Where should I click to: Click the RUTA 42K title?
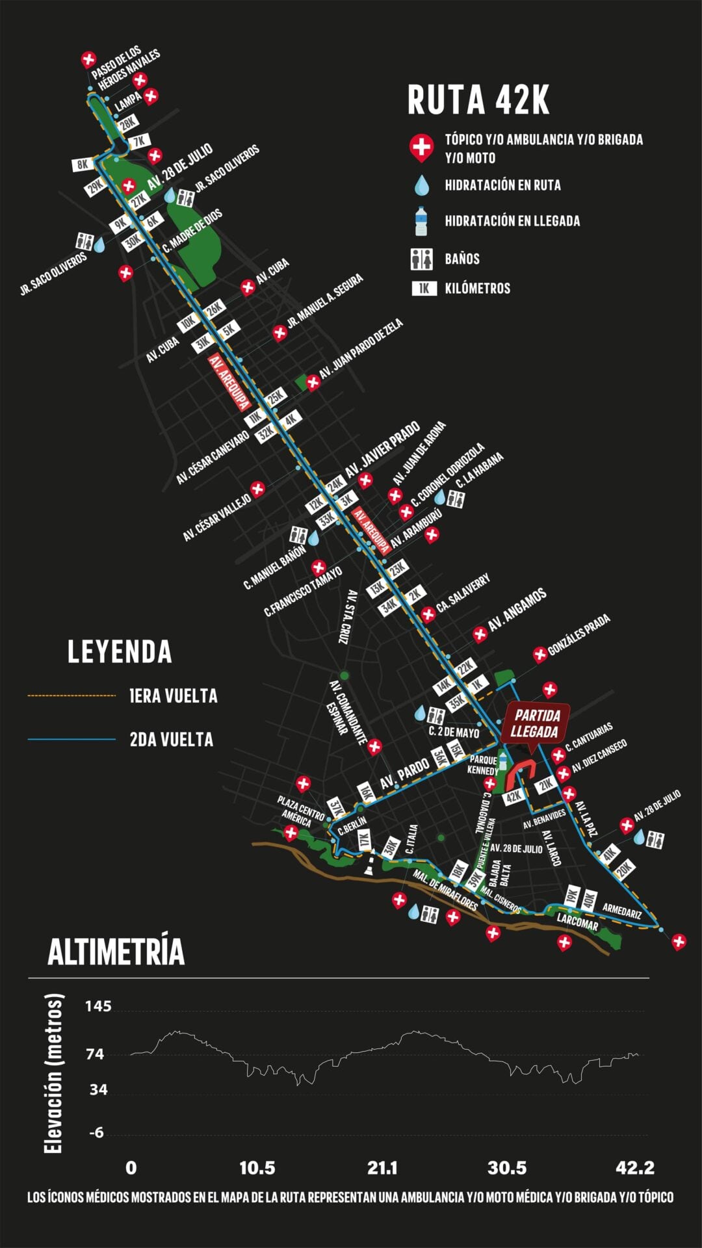tap(478, 100)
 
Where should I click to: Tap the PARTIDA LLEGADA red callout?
tap(536, 723)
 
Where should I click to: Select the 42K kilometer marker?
tap(513, 796)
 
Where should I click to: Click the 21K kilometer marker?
tap(546, 785)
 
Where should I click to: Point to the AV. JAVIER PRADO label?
tap(382, 451)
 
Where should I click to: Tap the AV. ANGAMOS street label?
tap(517, 610)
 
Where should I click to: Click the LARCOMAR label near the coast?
tap(577, 922)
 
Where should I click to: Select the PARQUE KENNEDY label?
tap(483, 765)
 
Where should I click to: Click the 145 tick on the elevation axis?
tap(98, 1007)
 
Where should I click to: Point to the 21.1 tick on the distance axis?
tap(382, 1168)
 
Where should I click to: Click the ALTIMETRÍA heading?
tap(116, 952)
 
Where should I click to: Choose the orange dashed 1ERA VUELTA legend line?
tap(71, 695)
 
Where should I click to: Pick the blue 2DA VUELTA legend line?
tap(71, 739)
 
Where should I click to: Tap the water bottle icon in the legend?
tap(421, 221)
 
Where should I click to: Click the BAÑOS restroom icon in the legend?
tap(422, 259)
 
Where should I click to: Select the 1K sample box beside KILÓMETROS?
tap(424, 289)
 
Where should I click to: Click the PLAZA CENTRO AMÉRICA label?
tap(301, 811)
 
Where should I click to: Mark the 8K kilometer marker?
tap(83, 164)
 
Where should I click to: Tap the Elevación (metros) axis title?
tap(54, 1072)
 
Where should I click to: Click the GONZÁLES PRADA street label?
tap(578, 634)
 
